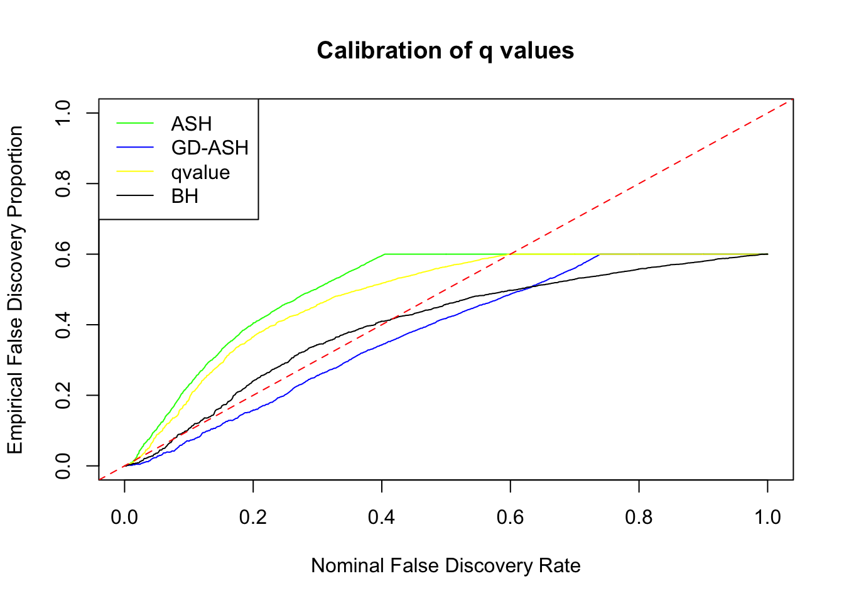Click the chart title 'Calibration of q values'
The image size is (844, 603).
pos(445,50)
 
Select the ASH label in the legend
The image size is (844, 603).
pos(191,124)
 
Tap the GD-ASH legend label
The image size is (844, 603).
pos(210,148)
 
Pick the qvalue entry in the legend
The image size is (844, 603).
pos(200,172)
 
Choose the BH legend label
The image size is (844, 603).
pos(185,197)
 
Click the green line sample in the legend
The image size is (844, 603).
pos(135,124)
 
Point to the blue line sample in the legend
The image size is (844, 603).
pos(135,148)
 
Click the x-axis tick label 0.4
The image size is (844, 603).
pos(382,517)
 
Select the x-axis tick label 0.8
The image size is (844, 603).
pos(639,517)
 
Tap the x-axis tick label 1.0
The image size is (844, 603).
pos(767,517)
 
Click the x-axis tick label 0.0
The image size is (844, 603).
pos(124,517)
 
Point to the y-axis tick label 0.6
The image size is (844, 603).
pos(63,254)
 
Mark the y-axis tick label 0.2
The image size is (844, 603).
pos(63,395)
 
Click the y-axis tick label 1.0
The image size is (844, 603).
pos(63,112)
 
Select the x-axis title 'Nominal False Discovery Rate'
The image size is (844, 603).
pos(445,565)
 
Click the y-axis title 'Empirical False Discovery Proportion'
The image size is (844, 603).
pos(15,289)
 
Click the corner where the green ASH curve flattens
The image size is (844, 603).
pos(384,254)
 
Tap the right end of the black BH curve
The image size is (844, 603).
pos(767,254)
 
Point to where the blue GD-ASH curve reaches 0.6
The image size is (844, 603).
pos(600,254)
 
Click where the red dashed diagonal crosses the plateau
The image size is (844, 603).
pos(511,254)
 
